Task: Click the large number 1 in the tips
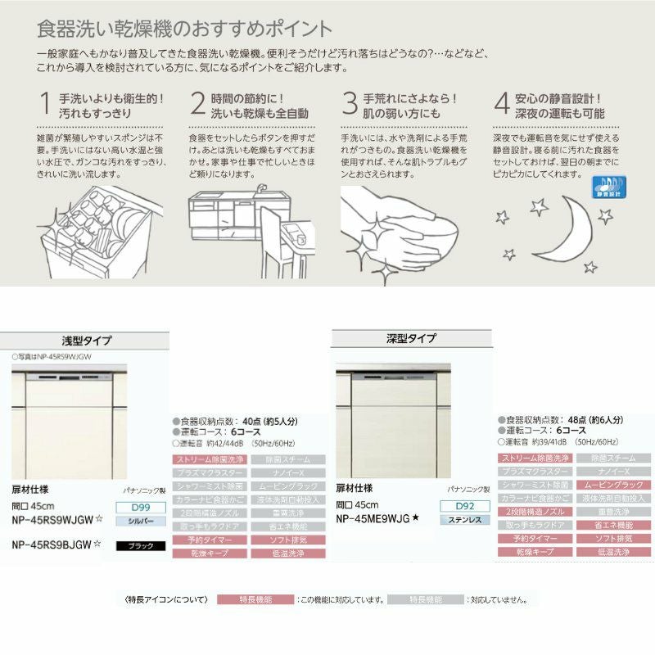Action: point(45,103)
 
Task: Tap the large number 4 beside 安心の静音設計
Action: point(502,103)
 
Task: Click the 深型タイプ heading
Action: point(412,338)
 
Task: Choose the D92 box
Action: point(465,506)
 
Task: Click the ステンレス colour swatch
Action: point(465,519)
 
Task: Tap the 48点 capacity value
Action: point(583,418)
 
